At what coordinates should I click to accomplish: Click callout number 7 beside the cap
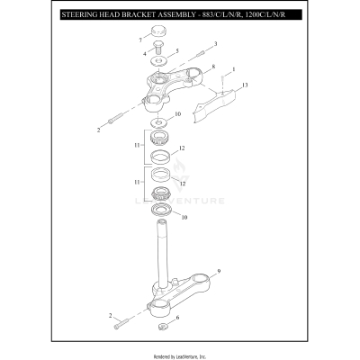coord(140,40)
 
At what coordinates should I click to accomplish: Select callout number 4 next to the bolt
coord(145,55)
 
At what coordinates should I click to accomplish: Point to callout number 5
coord(177,52)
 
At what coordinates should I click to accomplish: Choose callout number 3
coord(215,42)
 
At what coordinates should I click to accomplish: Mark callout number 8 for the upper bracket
coord(213,67)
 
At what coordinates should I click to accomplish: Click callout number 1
coord(234,68)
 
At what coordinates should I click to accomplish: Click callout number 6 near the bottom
coord(178,319)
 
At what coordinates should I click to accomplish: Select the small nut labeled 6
coord(161,321)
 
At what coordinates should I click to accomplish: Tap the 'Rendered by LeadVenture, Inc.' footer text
coord(180,355)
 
